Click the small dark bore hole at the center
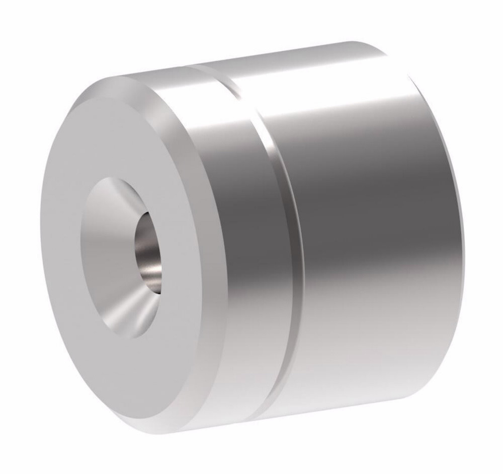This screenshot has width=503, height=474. coord(148,252)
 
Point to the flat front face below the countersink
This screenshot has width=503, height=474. coord(136,373)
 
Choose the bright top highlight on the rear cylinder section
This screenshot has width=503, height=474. coord(327,81)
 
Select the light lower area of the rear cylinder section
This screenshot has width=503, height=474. coord(362,353)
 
